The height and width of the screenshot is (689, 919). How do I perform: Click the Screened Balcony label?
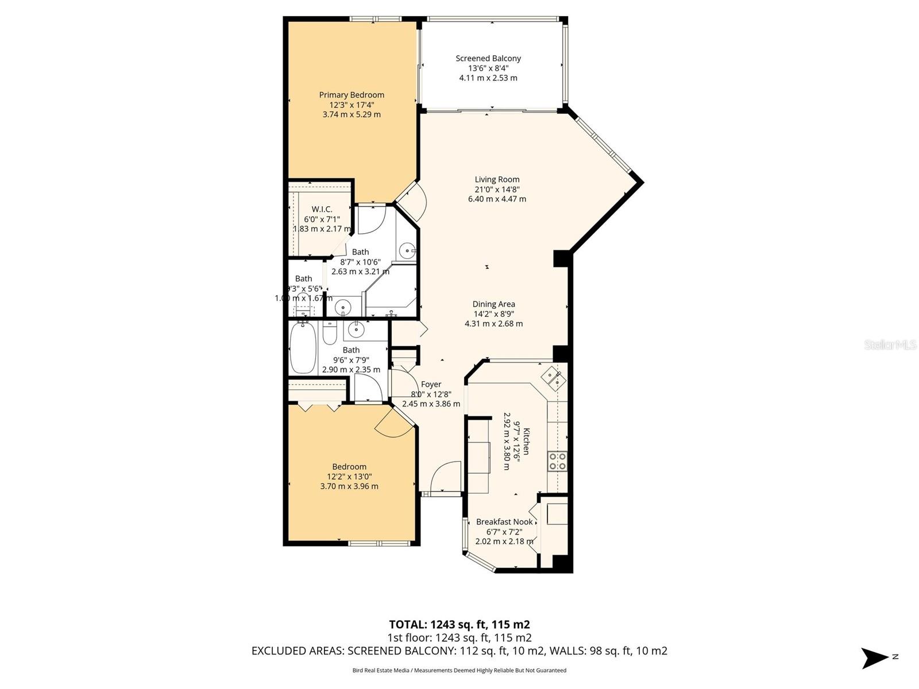point(488,59)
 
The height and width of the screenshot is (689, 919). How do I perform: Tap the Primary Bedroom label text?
point(352,95)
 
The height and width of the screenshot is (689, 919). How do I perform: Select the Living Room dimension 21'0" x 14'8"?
point(497,189)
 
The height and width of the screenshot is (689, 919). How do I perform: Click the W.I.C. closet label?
point(322,210)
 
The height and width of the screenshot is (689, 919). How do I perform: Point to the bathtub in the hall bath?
point(303,348)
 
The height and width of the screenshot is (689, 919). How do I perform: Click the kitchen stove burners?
point(557,461)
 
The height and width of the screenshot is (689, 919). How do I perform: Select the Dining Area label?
point(493,304)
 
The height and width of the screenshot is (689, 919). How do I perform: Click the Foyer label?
point(431,385)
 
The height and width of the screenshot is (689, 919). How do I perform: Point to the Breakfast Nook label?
point(504,522)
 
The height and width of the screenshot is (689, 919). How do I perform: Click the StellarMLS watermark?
point(890,345)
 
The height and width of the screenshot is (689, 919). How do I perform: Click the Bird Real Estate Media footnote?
point(459,670)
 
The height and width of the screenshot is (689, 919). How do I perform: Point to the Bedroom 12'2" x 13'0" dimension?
point(349,477)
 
